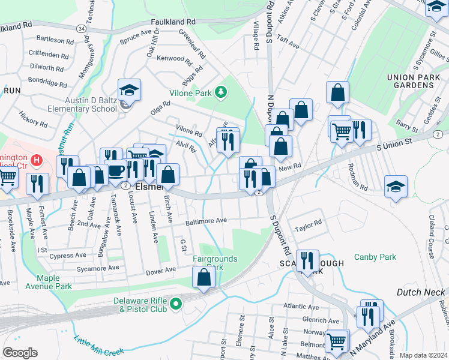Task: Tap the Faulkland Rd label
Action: (x=173, y=21)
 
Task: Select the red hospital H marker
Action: (x=36, y=160)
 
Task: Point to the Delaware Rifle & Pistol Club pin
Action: (x=176, y=304)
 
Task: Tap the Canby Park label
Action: (x=375, y=257)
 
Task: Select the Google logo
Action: (x=20, y=353)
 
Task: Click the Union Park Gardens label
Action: (x=410, y=82)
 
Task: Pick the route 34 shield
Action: (x=81, y=29)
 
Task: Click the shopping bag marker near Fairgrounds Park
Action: (x=203, y=277)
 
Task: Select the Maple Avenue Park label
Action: (x=54, y=282)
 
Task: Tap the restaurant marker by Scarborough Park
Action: (x=307, y=260)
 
